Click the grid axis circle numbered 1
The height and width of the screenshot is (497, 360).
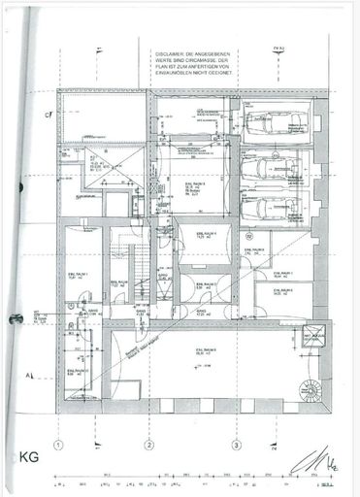(59, 447)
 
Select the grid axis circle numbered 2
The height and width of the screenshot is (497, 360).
(148, 447)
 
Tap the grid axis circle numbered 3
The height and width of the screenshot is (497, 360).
(236, 447)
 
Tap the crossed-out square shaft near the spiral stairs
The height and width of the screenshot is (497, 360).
(313, 339)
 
